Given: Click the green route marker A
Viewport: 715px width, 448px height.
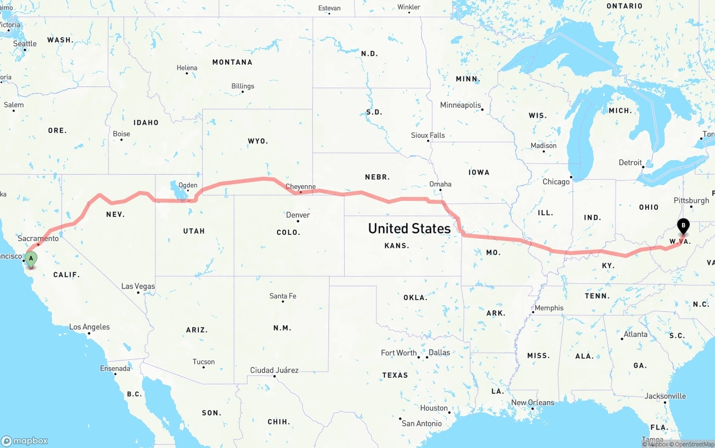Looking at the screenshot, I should (31, 258).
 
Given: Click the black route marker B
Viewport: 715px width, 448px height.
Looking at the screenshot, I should (683, 226).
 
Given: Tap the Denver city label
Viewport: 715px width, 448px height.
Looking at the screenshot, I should (298, 215).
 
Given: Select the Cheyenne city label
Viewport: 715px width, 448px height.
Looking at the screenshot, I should (301, 187).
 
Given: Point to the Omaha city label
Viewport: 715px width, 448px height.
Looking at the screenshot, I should (440, 184).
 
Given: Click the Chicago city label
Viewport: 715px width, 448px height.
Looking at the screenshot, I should (556, 181).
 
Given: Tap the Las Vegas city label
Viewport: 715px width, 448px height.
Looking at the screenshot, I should (138, 286).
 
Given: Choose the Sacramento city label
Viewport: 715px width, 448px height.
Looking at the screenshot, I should (38, 238).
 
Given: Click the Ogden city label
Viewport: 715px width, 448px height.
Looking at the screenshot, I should (188, 185).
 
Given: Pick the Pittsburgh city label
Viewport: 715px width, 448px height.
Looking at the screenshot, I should (691, 201).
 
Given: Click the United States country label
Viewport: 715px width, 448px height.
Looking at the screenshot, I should (409, 228).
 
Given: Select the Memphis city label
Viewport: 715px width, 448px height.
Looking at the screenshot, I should (549, 308).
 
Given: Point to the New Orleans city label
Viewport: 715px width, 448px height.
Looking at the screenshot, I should (533, 403).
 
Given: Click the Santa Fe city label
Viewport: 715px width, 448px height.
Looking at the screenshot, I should (283, 296).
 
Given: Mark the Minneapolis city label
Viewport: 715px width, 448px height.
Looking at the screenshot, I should (460, 105).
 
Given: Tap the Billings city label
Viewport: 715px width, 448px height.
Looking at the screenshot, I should (242, 86).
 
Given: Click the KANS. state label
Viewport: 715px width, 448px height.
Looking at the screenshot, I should (397, 245).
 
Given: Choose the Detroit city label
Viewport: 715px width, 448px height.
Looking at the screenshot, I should (630, 163).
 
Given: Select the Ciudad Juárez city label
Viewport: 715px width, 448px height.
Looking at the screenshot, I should (274, 370).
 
